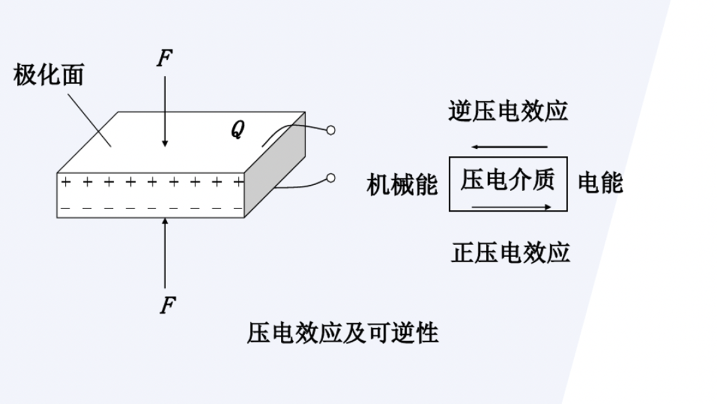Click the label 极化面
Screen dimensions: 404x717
(48, 76)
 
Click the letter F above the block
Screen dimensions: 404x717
(164, 59)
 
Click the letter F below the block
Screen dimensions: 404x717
(167, 305)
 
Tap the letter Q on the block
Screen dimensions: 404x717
(237, 130)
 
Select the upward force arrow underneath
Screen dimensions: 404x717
(165, 251)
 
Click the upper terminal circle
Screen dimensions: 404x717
(330, 130)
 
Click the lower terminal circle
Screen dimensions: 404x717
(330, 177)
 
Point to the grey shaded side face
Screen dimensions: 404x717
(276, 170)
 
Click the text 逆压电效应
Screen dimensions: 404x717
(508, 111)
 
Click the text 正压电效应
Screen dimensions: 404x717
(510, 252)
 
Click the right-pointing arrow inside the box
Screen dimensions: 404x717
(511, 207)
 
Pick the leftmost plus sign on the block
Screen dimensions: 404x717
(65, 182)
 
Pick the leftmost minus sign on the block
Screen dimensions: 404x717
(65, 209)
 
